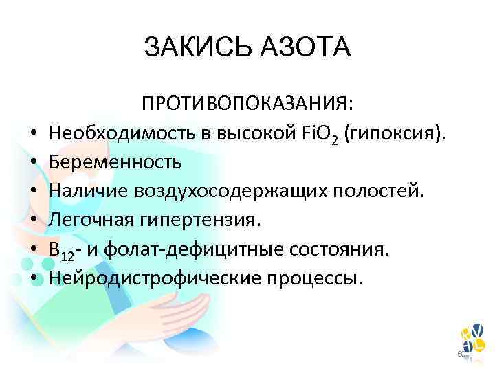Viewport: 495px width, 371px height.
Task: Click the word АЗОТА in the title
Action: click(x=302, y=48)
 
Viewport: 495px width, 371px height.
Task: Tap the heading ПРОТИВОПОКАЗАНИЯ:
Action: click(x=247, y=104)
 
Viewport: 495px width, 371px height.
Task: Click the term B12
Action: click(x=60, y=251)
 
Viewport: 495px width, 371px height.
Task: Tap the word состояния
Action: click(x=346, y=250)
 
